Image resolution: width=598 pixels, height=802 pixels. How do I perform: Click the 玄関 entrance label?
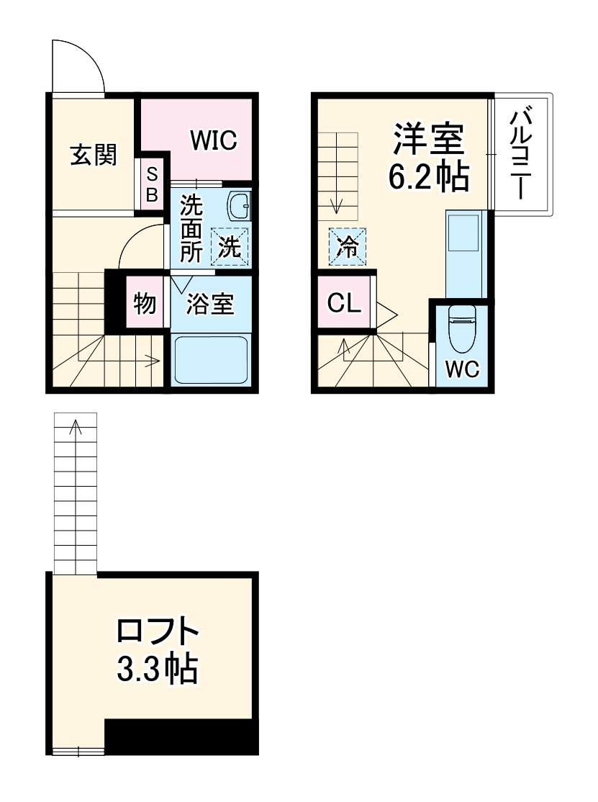[94, 154]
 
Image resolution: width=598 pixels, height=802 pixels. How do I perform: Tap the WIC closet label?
[213, 140]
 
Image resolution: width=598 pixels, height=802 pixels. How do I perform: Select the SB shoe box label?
[153, 184]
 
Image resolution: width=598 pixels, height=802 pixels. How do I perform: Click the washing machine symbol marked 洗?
[229, 247]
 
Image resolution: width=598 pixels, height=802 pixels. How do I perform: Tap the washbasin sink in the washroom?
[240, 207]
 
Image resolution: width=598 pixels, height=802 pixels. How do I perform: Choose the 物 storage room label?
[144, 304]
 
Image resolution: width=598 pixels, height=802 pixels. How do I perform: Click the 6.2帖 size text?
[429, 176]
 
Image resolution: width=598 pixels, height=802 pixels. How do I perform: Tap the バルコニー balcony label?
[523, 153]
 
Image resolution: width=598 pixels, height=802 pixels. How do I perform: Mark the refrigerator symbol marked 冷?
[348, 247]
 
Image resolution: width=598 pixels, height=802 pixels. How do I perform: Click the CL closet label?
[344, 303]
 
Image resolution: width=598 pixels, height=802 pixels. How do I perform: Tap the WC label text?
[461, 369]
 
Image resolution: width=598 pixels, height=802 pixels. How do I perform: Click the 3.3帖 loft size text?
[158, 669]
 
